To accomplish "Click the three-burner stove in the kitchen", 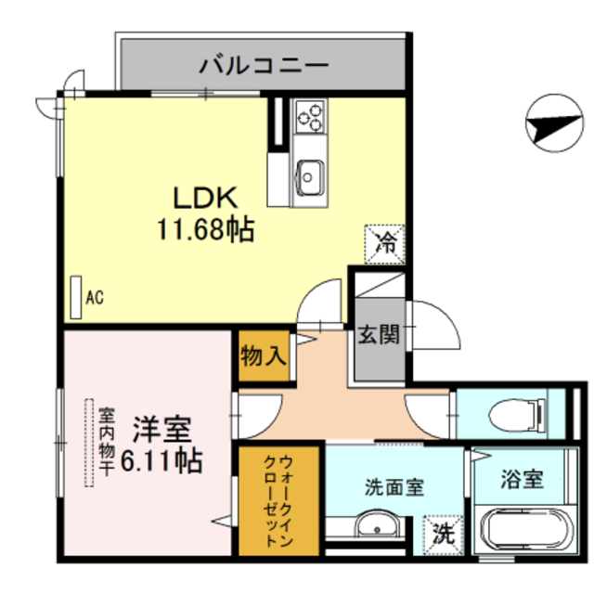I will tap(311, 118).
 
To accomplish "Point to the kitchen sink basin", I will tap(309, 173).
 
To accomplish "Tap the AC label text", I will tap(94, 297).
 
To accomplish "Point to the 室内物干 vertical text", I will tap(108, 442).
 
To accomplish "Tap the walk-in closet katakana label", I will tap(281, 500).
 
